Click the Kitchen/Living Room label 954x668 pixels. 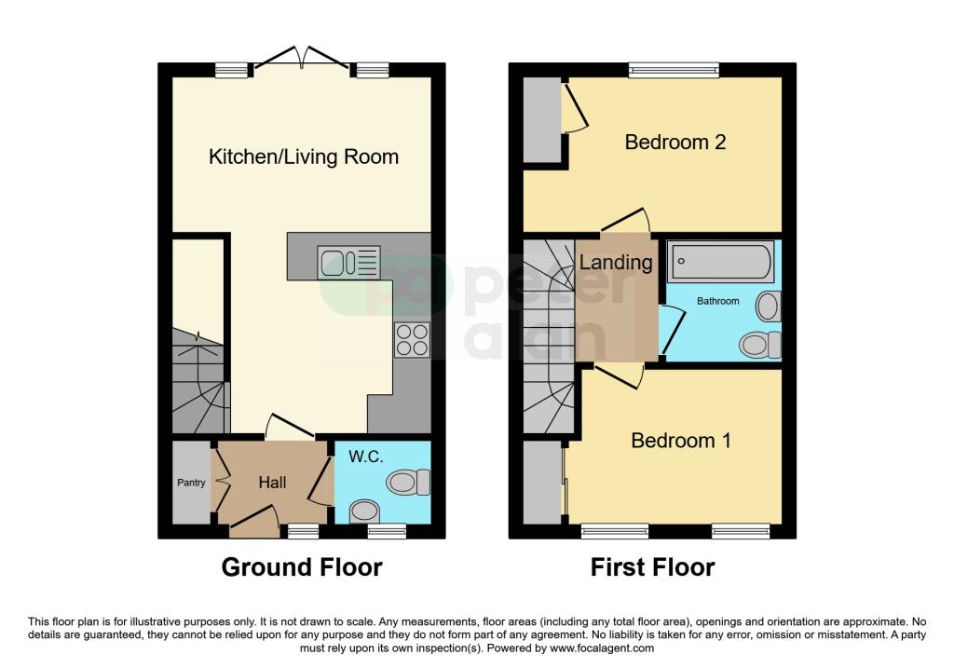(x=304, y=157)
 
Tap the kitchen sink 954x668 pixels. (x=348, y=263)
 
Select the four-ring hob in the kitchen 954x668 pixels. (x=412, y=339)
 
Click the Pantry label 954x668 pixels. (x=191, y=483)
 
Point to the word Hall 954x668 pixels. (x=272, y=483)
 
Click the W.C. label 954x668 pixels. (x=365, y=457)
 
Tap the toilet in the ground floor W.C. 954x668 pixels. (x=408, y=483)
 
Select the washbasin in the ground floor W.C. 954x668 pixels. (x=364, y=511)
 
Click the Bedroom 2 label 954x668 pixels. (x=675, y=142)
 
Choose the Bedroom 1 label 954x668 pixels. (x=681, y=440)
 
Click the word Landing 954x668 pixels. (x=616, y=262)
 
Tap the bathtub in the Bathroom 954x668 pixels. (x=720, y=262)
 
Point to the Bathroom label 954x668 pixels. (x=718, y=301)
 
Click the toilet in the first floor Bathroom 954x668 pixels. (x=760, y=345)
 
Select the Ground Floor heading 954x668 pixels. (x=302, y=567)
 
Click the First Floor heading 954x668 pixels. (x=653, y=567)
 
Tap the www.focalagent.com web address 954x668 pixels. (x=601, y=648)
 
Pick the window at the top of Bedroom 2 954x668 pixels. (x=675, y=71)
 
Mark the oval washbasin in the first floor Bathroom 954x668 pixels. (x=769, y=306)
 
